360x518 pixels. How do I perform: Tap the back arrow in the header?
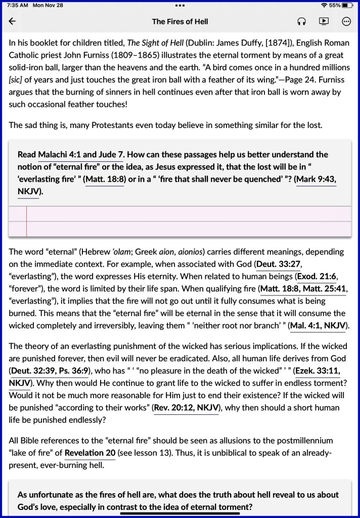(x=12, y=21)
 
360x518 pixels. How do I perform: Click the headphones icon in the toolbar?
(x=301, y=21)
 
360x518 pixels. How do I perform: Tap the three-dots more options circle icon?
(x=346, y=21)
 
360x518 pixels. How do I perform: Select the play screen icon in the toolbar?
(x=324, y=21)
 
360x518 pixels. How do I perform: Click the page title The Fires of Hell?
(x=180, y=21)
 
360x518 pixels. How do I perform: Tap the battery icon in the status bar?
(x=347, y=5)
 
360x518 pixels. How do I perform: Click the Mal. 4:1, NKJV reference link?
(x=318, y=326)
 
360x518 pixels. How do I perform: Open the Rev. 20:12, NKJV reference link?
(x=186, y=408)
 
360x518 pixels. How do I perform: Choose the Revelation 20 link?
(x=90, y=453)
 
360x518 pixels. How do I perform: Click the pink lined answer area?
(x=187, y=222)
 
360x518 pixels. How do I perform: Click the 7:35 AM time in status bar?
(x=18, y=5)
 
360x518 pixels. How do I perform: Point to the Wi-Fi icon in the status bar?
(x=324, y=5)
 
